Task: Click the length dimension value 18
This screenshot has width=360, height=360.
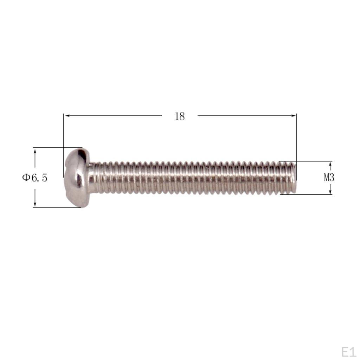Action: click(x=180, y=116)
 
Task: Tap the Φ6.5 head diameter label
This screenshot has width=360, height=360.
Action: click(x=34, y=178)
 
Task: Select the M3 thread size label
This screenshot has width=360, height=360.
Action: click(x=329, y=178)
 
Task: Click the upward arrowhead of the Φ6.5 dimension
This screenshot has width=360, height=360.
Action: click(x=35, y=151)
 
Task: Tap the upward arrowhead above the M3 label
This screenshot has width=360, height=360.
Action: click(x=330, y=164)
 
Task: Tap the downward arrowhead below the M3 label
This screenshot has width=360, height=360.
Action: click(x=330, y=192)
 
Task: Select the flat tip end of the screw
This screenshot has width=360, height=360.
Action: click(x=293, y=178)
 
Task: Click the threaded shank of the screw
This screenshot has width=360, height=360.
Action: click(x=190, y=178)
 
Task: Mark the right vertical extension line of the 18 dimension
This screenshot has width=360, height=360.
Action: click(x=296, y=141)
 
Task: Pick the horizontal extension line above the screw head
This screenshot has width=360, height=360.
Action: click(x=56, y=148)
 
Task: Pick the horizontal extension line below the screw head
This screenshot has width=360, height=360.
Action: click(x=56, y=207)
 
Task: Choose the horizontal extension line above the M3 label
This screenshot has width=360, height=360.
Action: click(x=306, y=161)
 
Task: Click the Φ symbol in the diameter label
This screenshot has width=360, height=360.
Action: click(x=26, y=178)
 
